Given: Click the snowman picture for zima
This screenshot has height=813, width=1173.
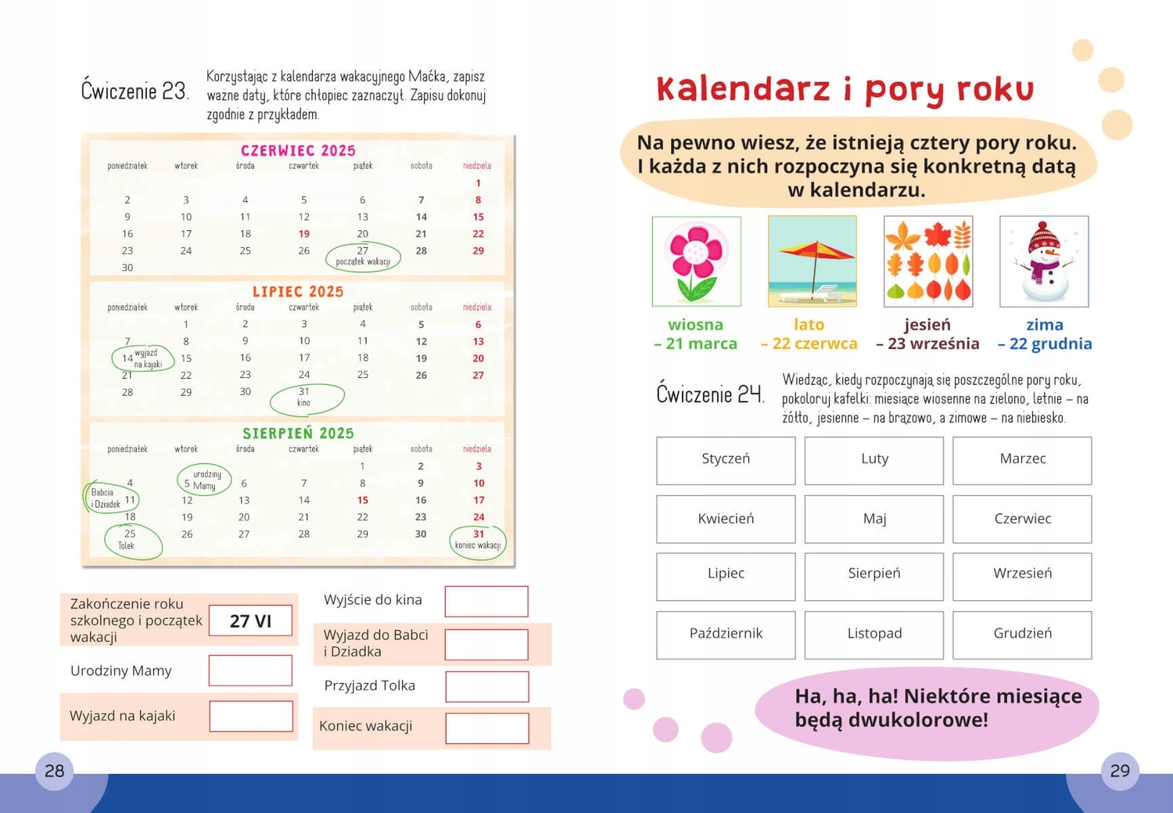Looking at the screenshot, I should pos(1044,261).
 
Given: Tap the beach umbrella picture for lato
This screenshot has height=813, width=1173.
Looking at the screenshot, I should pos(812,261).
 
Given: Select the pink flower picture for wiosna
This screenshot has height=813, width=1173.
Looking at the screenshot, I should pos(696,261).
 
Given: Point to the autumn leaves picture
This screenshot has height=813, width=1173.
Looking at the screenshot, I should pos(928,261).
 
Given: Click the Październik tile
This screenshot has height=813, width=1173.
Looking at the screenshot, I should pos(726,635).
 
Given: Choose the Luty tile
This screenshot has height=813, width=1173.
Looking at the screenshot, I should pos(873,460).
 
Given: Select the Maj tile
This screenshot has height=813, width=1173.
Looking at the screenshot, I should pos(873,519).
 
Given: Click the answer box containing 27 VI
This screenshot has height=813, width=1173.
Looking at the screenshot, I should pos(250,621).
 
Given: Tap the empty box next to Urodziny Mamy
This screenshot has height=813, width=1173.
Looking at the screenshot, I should pos(250,671).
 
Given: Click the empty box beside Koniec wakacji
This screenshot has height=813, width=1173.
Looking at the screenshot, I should pos(487,728).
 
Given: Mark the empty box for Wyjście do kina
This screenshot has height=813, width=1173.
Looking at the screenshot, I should pos(486,601).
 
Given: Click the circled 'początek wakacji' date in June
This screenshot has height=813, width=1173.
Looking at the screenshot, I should pos(363,256).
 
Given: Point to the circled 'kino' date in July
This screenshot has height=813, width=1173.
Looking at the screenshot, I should pos(306,398).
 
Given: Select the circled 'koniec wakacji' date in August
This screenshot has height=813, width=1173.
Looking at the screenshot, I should pos(478,540).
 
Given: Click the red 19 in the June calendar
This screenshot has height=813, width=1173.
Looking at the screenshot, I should pos(303,234).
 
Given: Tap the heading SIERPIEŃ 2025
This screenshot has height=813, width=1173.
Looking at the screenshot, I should pos(298,433).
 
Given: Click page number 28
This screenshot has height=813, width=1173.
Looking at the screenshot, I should pos(54,771).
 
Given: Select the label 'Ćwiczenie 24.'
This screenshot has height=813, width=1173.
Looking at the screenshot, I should pos(709,394).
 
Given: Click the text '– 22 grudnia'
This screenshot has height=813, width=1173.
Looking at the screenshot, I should pos(1045,344).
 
